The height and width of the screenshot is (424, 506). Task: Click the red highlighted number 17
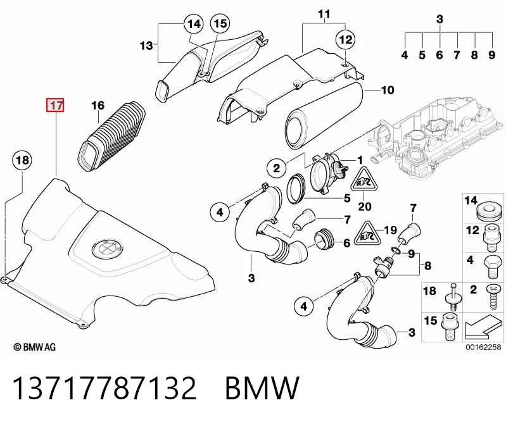tap(56, 105)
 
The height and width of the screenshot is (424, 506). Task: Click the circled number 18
tap(22, 160)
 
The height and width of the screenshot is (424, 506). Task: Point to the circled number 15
tap(220, 23)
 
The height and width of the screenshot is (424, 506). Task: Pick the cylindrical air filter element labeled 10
tap(324, 116)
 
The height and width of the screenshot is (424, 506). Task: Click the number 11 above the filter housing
tap(324, 14)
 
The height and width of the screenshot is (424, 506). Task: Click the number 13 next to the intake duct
tap(146, 46)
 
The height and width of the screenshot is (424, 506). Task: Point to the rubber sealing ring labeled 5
tap(296, 189)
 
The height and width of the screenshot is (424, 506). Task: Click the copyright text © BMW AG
tap(35, 347)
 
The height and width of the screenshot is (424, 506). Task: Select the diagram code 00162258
tap(483, 347)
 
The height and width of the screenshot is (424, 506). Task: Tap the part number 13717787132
tap(104, 388)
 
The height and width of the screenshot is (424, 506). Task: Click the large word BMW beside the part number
tap(262, 388)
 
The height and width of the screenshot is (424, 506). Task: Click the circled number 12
tap(346, 39)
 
